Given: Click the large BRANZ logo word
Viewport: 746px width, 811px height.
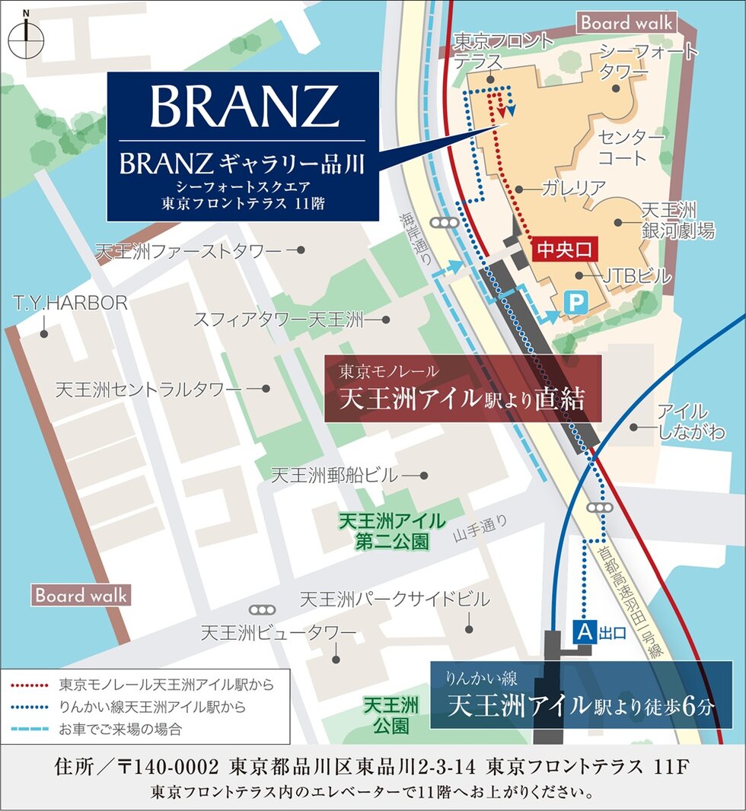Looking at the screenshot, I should click(x=244, y=107).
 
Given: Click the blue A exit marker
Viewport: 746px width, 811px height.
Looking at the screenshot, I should click(x=584, y=631).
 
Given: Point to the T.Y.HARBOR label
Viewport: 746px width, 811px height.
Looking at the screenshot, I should click(x=69, y=304).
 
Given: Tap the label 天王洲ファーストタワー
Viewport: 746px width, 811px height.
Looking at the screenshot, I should click(x=190, y=250).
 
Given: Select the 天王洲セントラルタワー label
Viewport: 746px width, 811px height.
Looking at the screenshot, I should click(x=148, y=390).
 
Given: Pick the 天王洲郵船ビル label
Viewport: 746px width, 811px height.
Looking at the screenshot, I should click(x=334, y=476).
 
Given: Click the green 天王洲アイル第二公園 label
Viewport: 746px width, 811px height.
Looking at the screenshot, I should click(x=391, y=531).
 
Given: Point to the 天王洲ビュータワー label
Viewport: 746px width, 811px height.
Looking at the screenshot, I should click(x=278, y=633).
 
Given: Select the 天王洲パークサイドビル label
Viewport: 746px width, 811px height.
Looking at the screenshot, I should click(x=394, y=600).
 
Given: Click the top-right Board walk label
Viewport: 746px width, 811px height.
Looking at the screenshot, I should click(x=626, y=23).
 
